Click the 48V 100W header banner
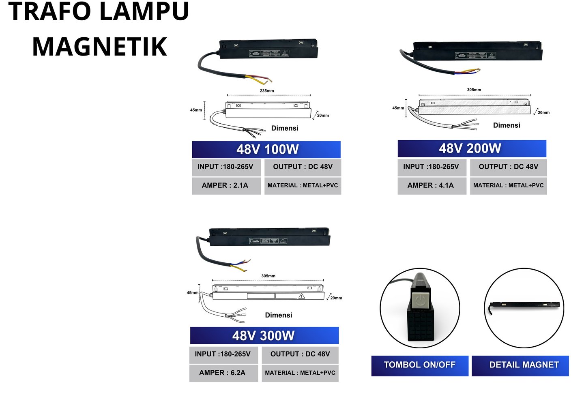[x=266, y=150]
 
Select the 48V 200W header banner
[x=472, y=148]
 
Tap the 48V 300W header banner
[x=264, y=336]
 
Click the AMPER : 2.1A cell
[x=226, y=186]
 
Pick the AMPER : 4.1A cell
[x=432, y=186]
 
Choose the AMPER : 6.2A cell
[x=223, y=373]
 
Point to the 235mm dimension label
[x=267, y=91]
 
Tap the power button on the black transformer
[x=420, y=300]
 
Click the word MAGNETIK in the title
[x=100, y=47]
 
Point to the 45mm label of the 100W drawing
[x=196, y=110]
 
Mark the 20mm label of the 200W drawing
[x=543, y=113]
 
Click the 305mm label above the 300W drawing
[x=268, y=276]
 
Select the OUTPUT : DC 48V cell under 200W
[x=508, y=167]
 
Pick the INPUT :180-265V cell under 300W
[x=223, y=354]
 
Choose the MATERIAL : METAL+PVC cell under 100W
[x=303, y=186]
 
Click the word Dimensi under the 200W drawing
[x=507, y=125]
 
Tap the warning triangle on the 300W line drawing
[x=302, y=296]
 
